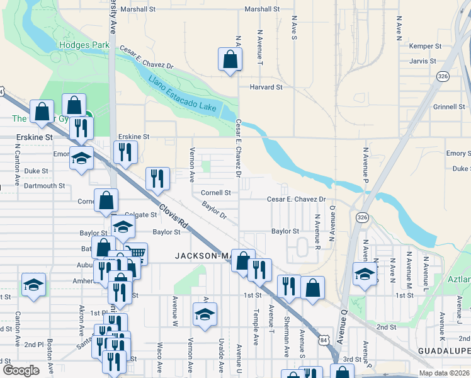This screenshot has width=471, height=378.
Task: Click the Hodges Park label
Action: tap(84, 45)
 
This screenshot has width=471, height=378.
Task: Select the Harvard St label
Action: tap(266, 87)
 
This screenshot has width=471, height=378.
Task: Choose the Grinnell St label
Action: tap(448, 106)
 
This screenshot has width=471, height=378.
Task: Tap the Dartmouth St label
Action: tap(45, 186)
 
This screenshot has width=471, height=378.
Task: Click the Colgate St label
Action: tap(140, 215)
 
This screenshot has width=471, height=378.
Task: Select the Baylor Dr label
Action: tap(214, 210)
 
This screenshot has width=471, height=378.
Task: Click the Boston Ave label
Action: tap(50, 357)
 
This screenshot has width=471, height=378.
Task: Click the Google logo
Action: tap(21, 370)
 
